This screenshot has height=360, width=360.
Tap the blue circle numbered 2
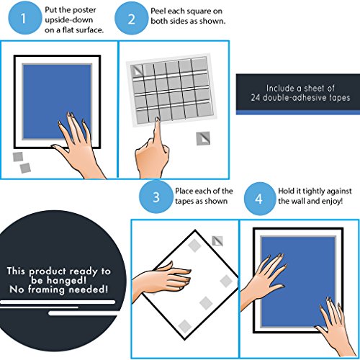(x=131, y=19)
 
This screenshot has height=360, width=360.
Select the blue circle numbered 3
(x=156, y=197)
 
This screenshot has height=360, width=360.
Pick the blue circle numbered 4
(x=259, y=199)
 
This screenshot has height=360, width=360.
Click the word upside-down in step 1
(x=69, y=20)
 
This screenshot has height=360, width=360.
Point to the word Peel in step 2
(x=158, y=11)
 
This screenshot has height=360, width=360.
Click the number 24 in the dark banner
(x=256, y=98)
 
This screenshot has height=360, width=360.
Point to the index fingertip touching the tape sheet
(x=158, y=120)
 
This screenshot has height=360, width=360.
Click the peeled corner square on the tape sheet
(x=137, y=71)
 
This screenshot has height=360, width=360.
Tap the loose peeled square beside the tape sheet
(x=203, y=138)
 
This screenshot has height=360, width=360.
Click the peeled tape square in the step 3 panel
(x=217, y=241)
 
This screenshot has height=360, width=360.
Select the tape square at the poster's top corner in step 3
(x=194, y=246)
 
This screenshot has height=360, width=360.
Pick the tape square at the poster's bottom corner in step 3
(x=185, y=326)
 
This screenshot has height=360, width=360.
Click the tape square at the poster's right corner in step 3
(x=226, y=281)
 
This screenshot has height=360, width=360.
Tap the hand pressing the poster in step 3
(x=163, y=279)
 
